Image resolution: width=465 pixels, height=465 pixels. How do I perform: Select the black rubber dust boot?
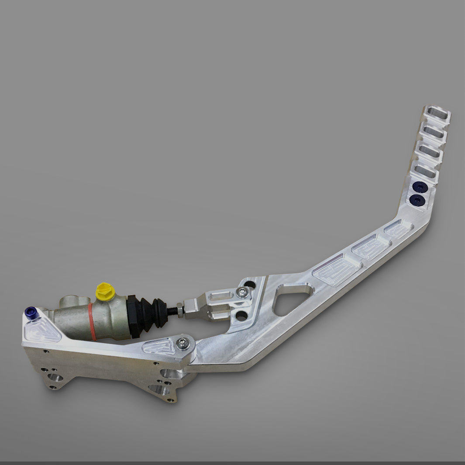click(148, 313)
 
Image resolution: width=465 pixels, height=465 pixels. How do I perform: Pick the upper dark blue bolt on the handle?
click(420, 186)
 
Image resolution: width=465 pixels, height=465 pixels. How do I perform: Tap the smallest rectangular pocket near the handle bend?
click(398, 229)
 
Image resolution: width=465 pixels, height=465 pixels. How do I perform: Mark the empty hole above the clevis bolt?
click(250, 285)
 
